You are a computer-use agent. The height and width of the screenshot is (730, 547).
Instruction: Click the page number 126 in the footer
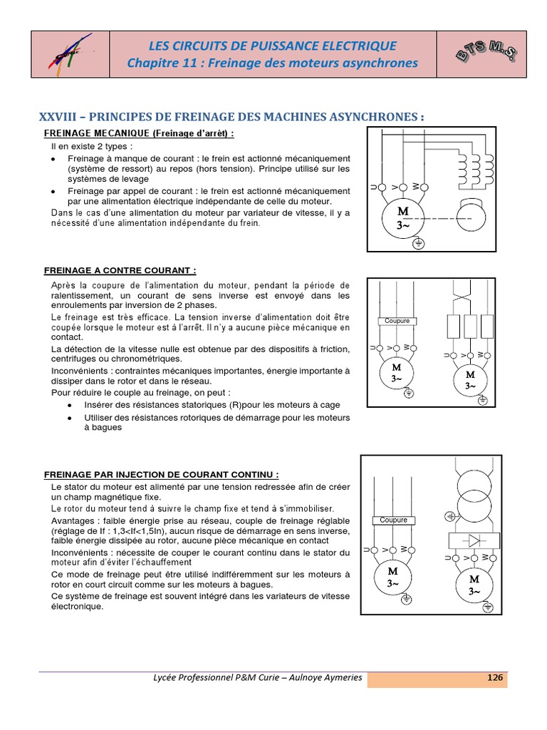[x=495, y=677]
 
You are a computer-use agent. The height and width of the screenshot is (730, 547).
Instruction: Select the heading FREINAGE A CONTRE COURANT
[x=120, y=270]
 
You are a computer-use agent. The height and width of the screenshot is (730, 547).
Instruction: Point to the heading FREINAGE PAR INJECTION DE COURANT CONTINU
[x=162, y=474]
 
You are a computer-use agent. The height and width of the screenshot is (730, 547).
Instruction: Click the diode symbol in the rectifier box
[x=471, y=540]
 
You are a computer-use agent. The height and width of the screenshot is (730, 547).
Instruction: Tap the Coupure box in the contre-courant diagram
[x=397, y=322]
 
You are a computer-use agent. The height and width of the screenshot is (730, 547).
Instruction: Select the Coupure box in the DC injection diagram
[x=393, y=520]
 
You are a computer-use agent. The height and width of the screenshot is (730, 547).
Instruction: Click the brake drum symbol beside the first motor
[x=474, y=217]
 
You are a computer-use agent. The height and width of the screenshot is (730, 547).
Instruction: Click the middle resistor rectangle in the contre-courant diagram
[x=470, y=326]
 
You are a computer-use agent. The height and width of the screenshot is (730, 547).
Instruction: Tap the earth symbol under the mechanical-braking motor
[x=419, y=244]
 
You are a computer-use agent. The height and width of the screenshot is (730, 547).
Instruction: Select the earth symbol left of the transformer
[x=449, y=515]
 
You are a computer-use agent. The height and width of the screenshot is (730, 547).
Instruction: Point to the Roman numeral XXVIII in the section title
[x=60, y=117]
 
